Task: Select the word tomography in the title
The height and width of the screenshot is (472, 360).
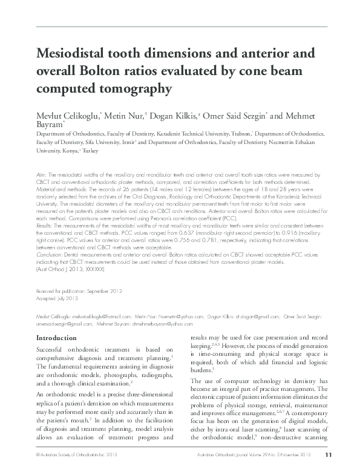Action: [x=130, y=89]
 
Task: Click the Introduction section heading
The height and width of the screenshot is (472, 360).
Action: [x=57, y=337]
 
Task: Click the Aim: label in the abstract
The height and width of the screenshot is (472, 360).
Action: [x=41, y=173]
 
